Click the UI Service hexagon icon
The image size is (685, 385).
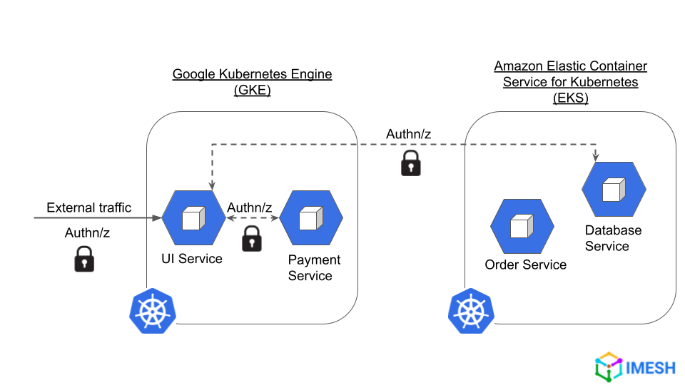tap(193, 218)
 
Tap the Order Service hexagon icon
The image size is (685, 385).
tap(522, 226)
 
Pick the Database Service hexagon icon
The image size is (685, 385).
tap(614, 190)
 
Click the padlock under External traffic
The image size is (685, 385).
tap(84, 259)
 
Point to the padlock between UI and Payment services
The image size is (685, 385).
tap(252, 238)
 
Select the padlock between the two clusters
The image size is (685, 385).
tap(410, 163)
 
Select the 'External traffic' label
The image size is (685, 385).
tap(89, 207)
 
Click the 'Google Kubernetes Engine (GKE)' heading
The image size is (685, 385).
tap(252, 82)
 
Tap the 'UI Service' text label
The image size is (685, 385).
tap(191, 259)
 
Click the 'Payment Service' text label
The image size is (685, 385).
tap(314, 267)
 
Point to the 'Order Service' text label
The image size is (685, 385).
tap(525, 265)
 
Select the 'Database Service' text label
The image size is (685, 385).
tap(613, 238)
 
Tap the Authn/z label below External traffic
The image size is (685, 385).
tap(87, 232)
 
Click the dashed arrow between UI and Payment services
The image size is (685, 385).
tap(253, 219)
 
